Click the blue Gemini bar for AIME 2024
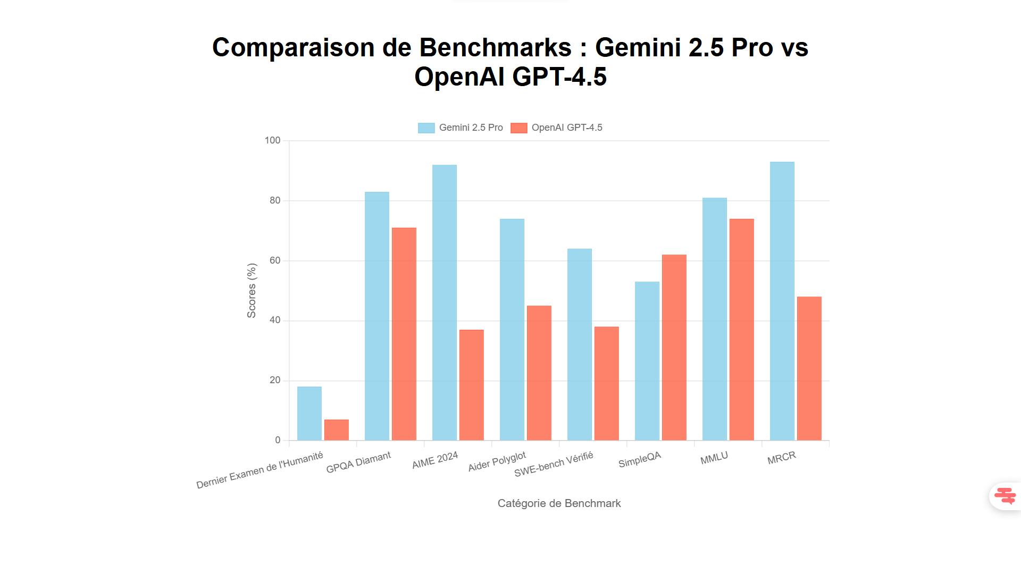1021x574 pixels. pos(444,302)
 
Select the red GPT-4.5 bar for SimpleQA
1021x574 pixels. pos(674,348)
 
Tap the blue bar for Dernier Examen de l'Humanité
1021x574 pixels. pos(309,413)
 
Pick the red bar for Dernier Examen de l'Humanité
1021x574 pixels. pos(336,430)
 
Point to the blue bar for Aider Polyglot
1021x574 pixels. pos(512,330)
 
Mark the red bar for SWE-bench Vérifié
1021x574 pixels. pos(606,383)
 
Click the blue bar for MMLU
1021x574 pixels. pos(714,319)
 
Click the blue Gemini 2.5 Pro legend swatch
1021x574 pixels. pos(426,128)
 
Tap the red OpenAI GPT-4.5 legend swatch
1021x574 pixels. pos(518,128)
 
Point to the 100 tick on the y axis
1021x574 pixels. pos(272,140)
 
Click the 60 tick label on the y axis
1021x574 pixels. pos(274,260)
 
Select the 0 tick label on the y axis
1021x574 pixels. pos(278,440)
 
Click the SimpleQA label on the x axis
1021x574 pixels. pos(639,460)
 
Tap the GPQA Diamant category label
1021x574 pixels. pos(358,462)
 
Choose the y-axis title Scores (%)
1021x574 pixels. pos(252,291)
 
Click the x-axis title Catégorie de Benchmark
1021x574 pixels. pos(559,503)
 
